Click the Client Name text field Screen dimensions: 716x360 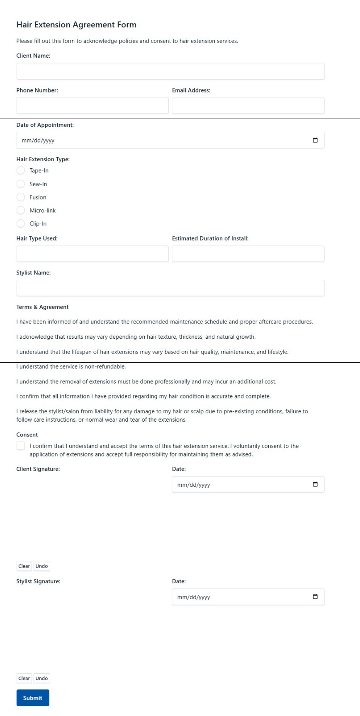pos(170,71)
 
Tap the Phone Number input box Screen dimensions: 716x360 pos(92,106)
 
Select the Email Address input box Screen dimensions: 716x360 pos(248,106)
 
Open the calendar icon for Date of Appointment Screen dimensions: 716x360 pos(315,140)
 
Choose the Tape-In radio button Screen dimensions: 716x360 pos(21,170)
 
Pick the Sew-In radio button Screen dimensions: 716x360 pos(21,184)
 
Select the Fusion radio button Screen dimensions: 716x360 pos(21,197)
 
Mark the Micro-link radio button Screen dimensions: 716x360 pos(21,210)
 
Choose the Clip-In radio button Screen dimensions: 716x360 pos(21,223)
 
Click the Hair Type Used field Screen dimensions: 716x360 pos(92,254)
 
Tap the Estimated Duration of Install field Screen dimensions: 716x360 pos(248,254)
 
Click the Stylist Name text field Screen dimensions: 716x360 pos(170,288)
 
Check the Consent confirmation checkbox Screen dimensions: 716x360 pos(21,446)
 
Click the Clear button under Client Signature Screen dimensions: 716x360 pos(24,566)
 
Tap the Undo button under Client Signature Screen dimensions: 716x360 pos(41,566)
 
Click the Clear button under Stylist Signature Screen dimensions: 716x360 pos(24,678)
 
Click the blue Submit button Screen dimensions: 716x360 pos(33,698)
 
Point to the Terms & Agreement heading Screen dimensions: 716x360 pos(42,307)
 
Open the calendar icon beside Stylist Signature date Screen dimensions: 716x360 pos(315,597)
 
